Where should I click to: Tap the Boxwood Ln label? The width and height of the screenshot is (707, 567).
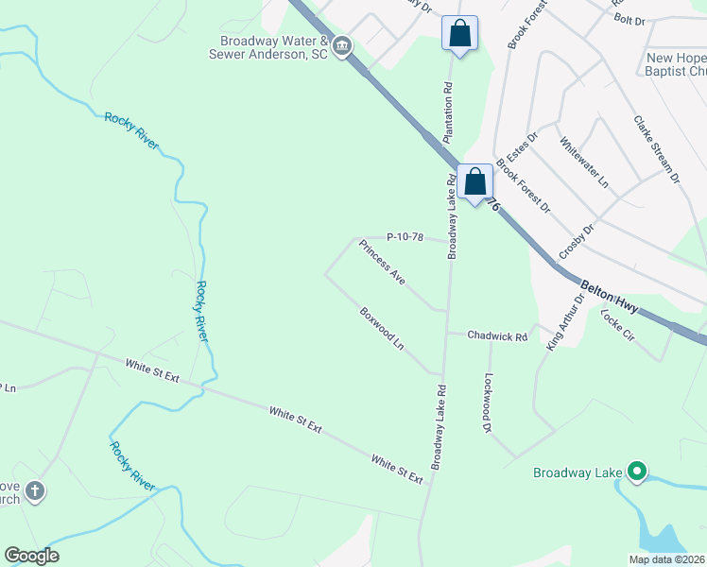tap(382, 329)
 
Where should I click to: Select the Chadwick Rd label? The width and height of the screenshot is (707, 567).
tap(496, 335)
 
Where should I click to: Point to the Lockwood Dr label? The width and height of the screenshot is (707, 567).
tap(490, 403)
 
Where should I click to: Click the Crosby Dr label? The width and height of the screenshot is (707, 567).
tap(577, 243)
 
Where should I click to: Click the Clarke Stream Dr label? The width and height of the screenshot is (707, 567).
tap(657, 149)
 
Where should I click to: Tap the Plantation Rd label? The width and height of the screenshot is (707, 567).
tap(450, 112)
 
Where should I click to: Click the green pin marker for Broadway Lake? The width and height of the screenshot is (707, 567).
tap(637, 470)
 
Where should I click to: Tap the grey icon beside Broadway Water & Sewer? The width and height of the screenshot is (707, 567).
tap(342, 45)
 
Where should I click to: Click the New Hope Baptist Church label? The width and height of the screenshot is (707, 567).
tap(676, 64)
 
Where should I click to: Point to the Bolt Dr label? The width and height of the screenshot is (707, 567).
tap(629, 18)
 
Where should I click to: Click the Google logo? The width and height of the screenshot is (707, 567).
tap(31, 556)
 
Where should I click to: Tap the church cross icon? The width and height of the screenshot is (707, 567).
tap(35, 490)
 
